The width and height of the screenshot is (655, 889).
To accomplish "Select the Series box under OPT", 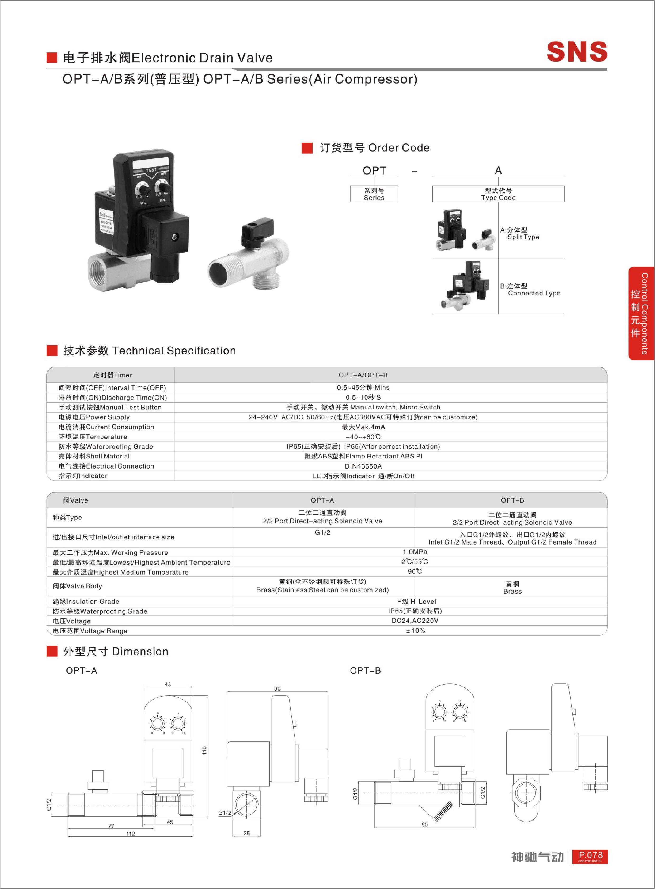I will point(374,194).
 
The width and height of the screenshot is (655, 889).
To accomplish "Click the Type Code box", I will point(498,194).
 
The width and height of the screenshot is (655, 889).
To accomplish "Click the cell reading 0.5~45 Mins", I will point(363,387).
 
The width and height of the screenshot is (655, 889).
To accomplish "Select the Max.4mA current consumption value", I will point(363,427).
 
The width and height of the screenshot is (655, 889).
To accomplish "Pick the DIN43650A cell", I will point(363,466).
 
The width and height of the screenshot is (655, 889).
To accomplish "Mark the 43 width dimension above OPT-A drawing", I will point(168,684).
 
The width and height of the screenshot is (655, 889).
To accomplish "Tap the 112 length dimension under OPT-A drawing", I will point(130,834).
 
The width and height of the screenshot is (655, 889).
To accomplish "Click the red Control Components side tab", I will point(641,313).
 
